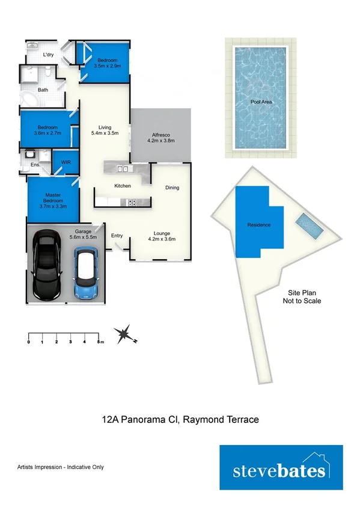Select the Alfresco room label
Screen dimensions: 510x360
tap(160, 137)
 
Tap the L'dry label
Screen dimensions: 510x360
tap(48, 55)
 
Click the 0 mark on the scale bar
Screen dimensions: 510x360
tap(29, 342)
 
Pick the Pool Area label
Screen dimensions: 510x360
tap(261, 102)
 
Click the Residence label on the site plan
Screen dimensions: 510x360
tap(259, 225)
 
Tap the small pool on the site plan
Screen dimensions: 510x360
tap(310, 225)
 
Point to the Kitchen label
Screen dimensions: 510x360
tap(123, 186)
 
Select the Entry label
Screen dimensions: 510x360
tap(117, 236)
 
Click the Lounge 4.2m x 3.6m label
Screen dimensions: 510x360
tap(161, 236)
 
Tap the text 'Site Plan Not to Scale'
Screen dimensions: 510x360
tap(302, 296)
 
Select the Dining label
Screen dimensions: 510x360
tap(172, 188)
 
